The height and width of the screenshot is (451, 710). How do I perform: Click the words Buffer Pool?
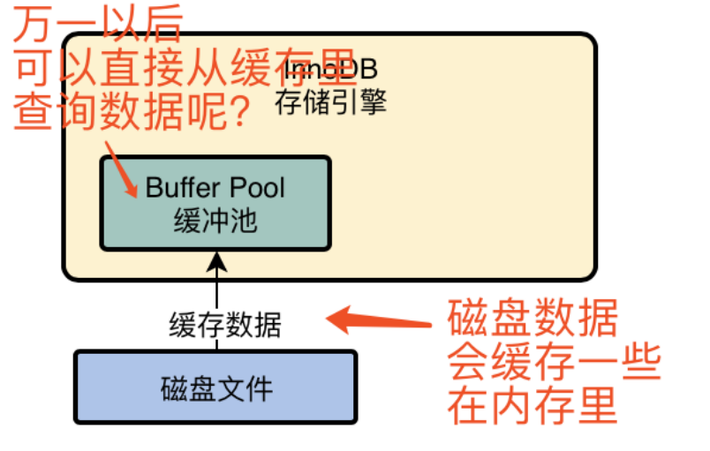[x=215, y=188]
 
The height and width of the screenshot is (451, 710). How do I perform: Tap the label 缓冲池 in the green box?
[x=215, y=221]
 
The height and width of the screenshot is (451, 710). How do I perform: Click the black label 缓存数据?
[x=225, y=326]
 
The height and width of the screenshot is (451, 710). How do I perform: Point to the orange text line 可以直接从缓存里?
[x=182, y=68]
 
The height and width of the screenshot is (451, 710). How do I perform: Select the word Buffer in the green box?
[x=179, y=188]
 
